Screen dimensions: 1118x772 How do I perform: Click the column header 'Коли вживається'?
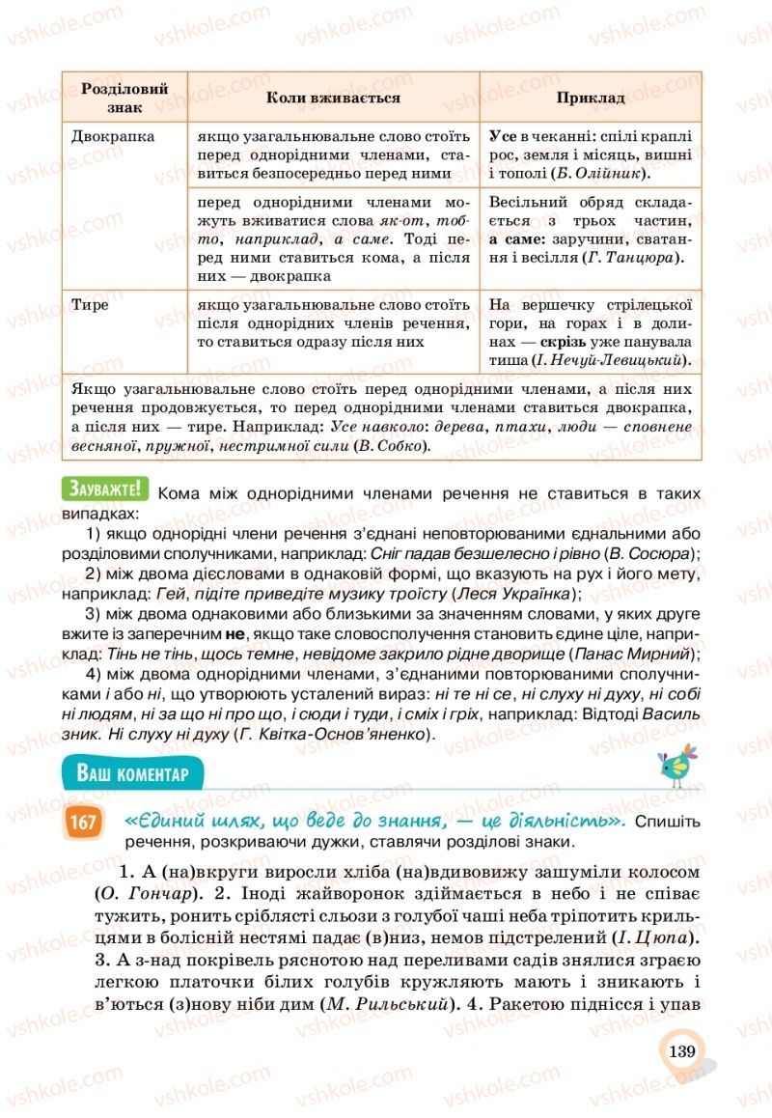click(x=333, y=98)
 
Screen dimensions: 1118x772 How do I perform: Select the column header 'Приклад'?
click(x=591, y=98)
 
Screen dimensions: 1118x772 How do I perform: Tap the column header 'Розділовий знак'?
click(x=124, y=98)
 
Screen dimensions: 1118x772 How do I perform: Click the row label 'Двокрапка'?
click(x=113, y=136)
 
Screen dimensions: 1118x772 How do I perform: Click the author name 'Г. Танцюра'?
click(x=632, y=258)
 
